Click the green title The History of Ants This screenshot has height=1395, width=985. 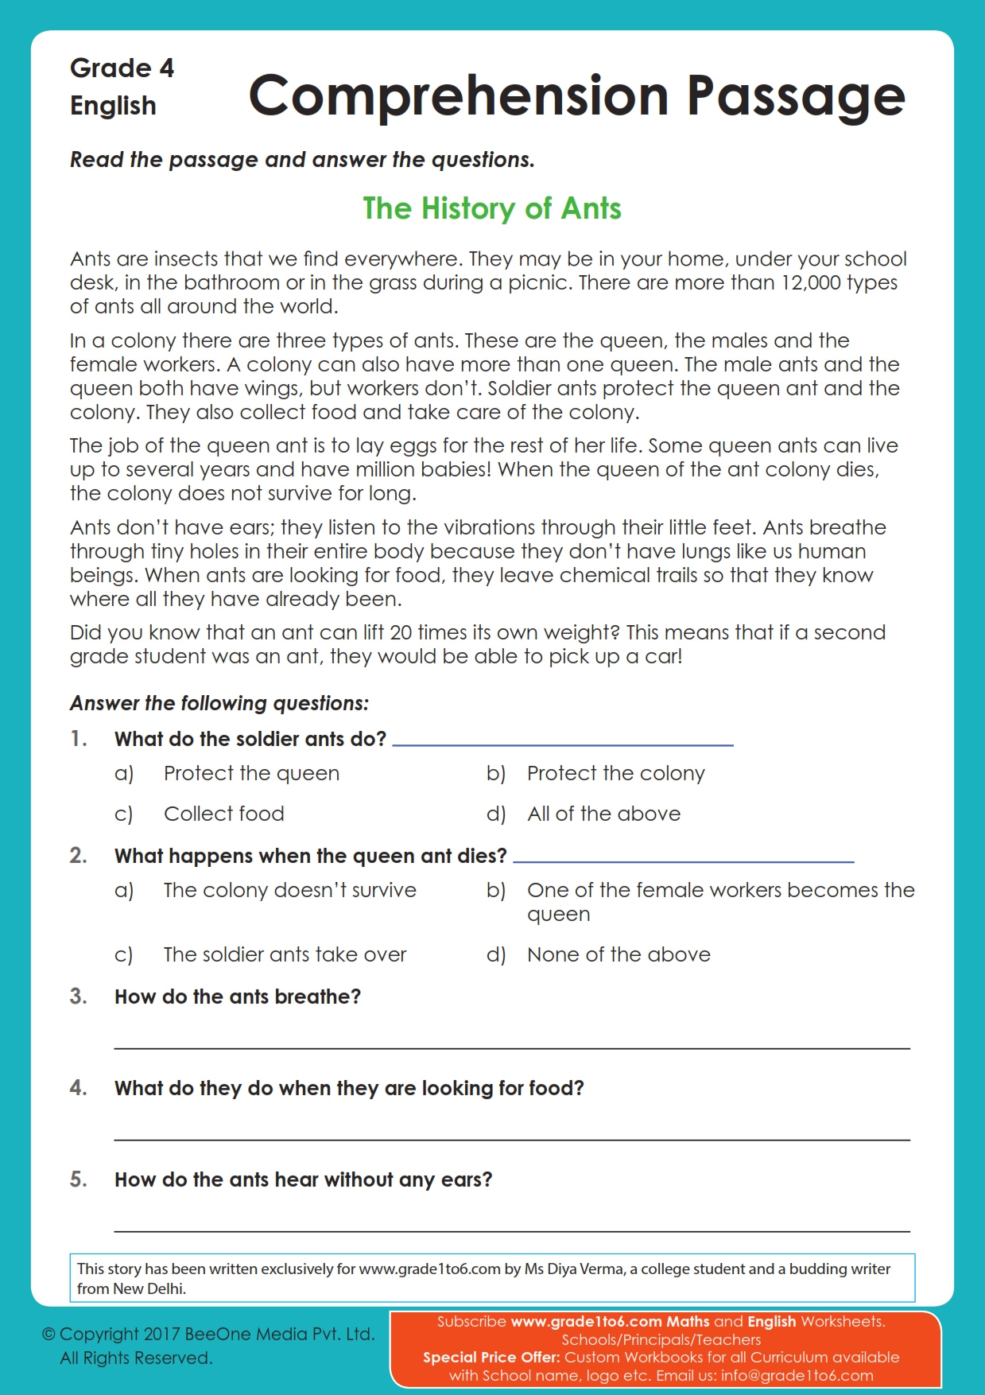tap(491, 208)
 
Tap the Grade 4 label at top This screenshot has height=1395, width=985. tap(122, 68)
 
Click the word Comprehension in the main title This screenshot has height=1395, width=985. tap(459, 96)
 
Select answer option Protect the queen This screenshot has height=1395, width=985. tap(251, 773)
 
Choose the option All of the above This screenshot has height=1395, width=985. tap(603, 814)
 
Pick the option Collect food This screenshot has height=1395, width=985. tap(223, 814)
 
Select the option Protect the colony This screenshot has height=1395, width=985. tap(615, 773)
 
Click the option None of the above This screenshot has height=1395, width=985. tap(619, 954)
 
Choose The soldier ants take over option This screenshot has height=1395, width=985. tap(285, 954)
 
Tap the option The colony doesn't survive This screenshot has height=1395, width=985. tap(289, 890)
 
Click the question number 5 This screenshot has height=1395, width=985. tap(78, 1179)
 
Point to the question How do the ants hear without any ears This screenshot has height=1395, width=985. tap(303, 1179)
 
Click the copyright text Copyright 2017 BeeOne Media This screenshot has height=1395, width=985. tap(208, 1334)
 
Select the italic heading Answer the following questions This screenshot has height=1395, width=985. tap(219, 703)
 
